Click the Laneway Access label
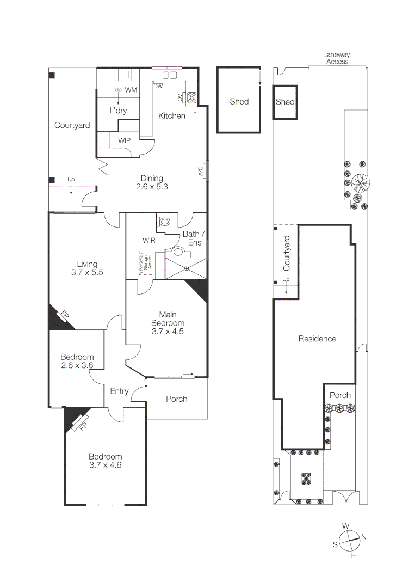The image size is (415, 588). [x=336, y=58]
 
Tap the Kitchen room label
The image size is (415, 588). [x=171, y=115]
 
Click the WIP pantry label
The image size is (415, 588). [x=125, y=140]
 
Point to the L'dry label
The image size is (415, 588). [x=118, y=111]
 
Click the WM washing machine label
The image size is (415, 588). [x=131, y=89]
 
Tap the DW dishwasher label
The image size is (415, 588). [x=158, y=86]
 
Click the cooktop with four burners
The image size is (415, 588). [x=191, y=98]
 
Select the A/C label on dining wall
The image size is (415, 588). [x=201, y=171]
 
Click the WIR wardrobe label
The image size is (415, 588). [x=150, y=240]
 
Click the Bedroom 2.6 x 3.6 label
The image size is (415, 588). [x=77, y=361]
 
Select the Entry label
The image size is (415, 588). [x=119, y=391]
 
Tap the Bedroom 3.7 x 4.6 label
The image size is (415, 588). [x=106, y=461]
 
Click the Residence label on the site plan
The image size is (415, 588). [x=317, y=339]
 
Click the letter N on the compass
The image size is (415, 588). [x=363, y=537]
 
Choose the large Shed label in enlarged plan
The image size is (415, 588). [x=239, y=101]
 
